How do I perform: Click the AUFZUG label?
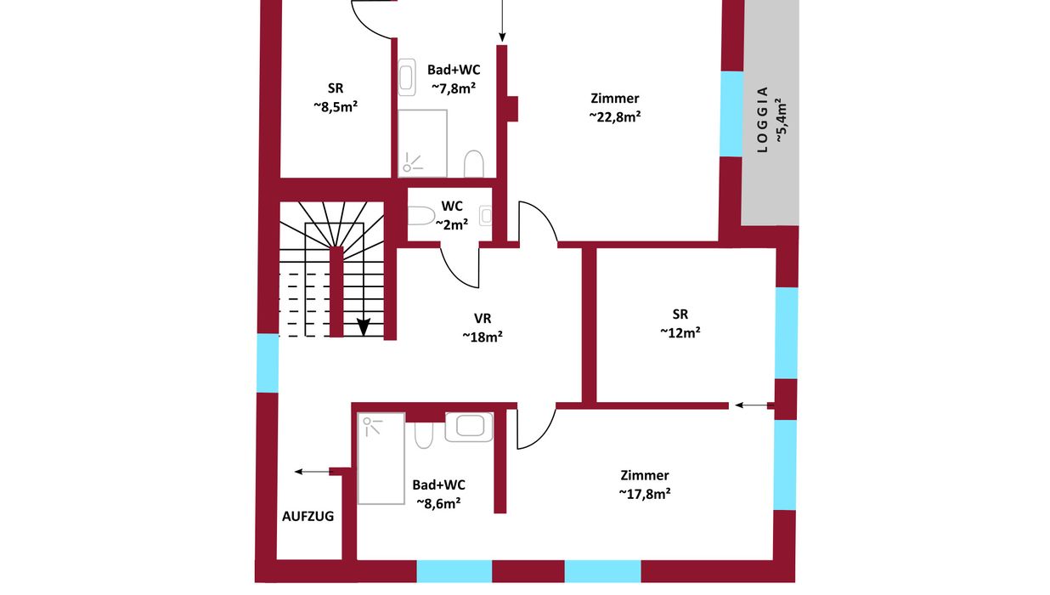(308, 516)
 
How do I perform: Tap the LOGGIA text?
(763, 120)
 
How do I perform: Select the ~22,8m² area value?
(615, 116)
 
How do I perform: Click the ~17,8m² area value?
(645, 494)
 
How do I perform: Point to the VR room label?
(483, 319)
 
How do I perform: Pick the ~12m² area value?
(680, 332)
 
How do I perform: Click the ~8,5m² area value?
(336, 107)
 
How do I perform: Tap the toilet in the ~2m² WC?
(421, 216)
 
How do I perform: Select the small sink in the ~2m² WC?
(486, 216)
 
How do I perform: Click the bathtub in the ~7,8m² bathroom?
(407, 77)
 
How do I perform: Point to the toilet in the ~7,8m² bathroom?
(474, 164)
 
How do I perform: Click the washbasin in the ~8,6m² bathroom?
(469, 428)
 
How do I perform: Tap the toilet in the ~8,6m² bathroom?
(424, 435)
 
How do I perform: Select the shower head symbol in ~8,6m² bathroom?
(372, 426)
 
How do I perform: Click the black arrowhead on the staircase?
(364, 327)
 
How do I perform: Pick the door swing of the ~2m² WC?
(460, 266)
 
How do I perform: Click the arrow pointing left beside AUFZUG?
(312, 472)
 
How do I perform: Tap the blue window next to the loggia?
(731, 114)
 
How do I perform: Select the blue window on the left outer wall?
(268, 364)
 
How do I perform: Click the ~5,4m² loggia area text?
(781, 121)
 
